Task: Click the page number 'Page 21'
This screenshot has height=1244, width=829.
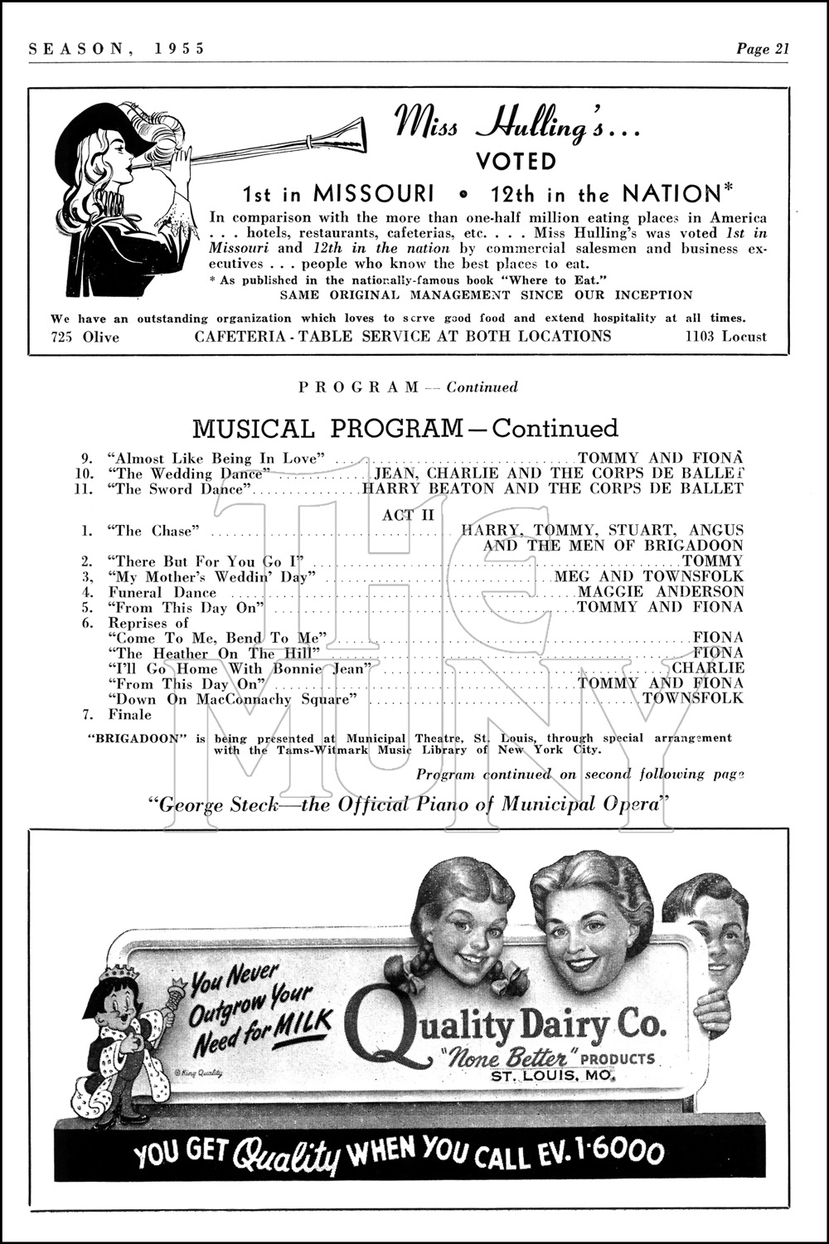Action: tap(763, 48)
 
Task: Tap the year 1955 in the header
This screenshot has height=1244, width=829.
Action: tap(179, 48)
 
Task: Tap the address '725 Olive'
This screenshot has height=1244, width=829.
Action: tap(85, 336)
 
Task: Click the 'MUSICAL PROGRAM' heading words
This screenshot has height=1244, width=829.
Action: tap(327, 429)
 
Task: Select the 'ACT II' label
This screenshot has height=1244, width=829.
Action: tap(403, 515)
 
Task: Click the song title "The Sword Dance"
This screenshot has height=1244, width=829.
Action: tap(178, 488)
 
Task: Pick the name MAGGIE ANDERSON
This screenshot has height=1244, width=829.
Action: tap(661, 591)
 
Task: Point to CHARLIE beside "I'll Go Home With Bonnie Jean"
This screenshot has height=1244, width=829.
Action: tap(707, 668)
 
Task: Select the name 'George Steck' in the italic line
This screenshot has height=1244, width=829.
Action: tap(222, 804)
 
